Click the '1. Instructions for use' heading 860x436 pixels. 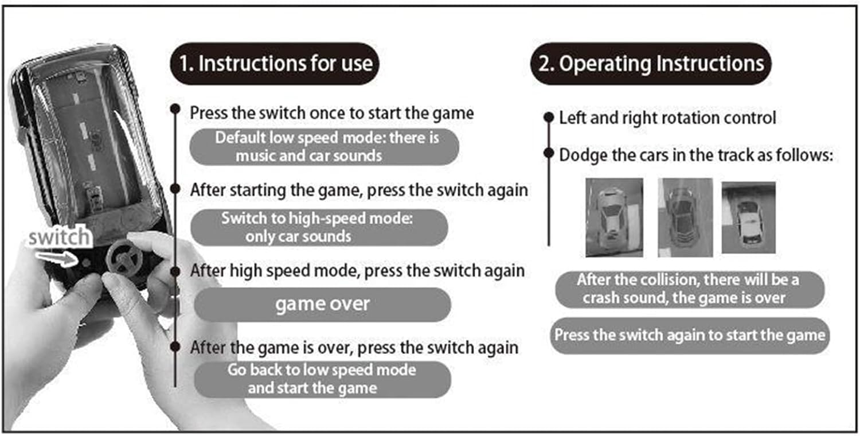pos(276,64)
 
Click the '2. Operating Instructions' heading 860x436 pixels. pos(651,64)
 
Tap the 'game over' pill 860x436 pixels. pos(322,304)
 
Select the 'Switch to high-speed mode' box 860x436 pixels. pos(319,227)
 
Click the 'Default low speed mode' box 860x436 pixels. pos(325,147)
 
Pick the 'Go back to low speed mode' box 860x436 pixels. pos(322,379)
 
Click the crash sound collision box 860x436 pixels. pos(689,289)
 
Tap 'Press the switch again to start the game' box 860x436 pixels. pos(690,335)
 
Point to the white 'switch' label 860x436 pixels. pos(59,237)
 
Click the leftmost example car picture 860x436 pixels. pos(613,217)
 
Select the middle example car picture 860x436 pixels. pos(685,217)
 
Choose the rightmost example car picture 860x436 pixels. pos(748,217)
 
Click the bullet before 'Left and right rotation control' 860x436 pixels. pos(549,118)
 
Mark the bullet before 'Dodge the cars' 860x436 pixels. pos(549,154)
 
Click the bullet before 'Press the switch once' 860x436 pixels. pos(176,109)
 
